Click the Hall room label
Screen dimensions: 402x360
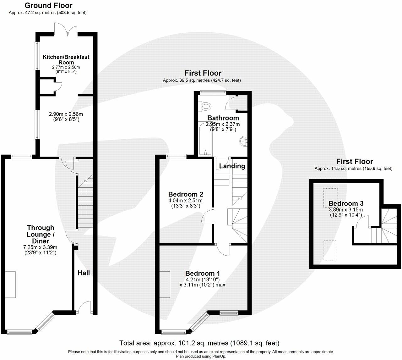tap(84, 273)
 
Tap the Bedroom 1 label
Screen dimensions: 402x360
tap(202, 274)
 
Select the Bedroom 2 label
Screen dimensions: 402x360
tap(185, 194)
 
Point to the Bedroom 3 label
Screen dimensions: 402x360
tap(346, 203)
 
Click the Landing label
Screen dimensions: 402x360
tap(232, 166)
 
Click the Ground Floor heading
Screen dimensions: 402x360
tap(48, 5)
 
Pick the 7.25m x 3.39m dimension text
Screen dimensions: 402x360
tap(40, 247)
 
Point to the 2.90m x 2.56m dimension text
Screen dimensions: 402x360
tap(66, 114)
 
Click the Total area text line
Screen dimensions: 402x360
tap(199, 343)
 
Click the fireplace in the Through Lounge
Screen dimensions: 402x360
tap(10, 285)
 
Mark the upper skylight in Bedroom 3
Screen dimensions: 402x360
tap(330, 198)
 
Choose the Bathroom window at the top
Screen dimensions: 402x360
tap(214, 92)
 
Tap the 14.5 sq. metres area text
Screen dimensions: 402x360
tap(353, 169)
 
